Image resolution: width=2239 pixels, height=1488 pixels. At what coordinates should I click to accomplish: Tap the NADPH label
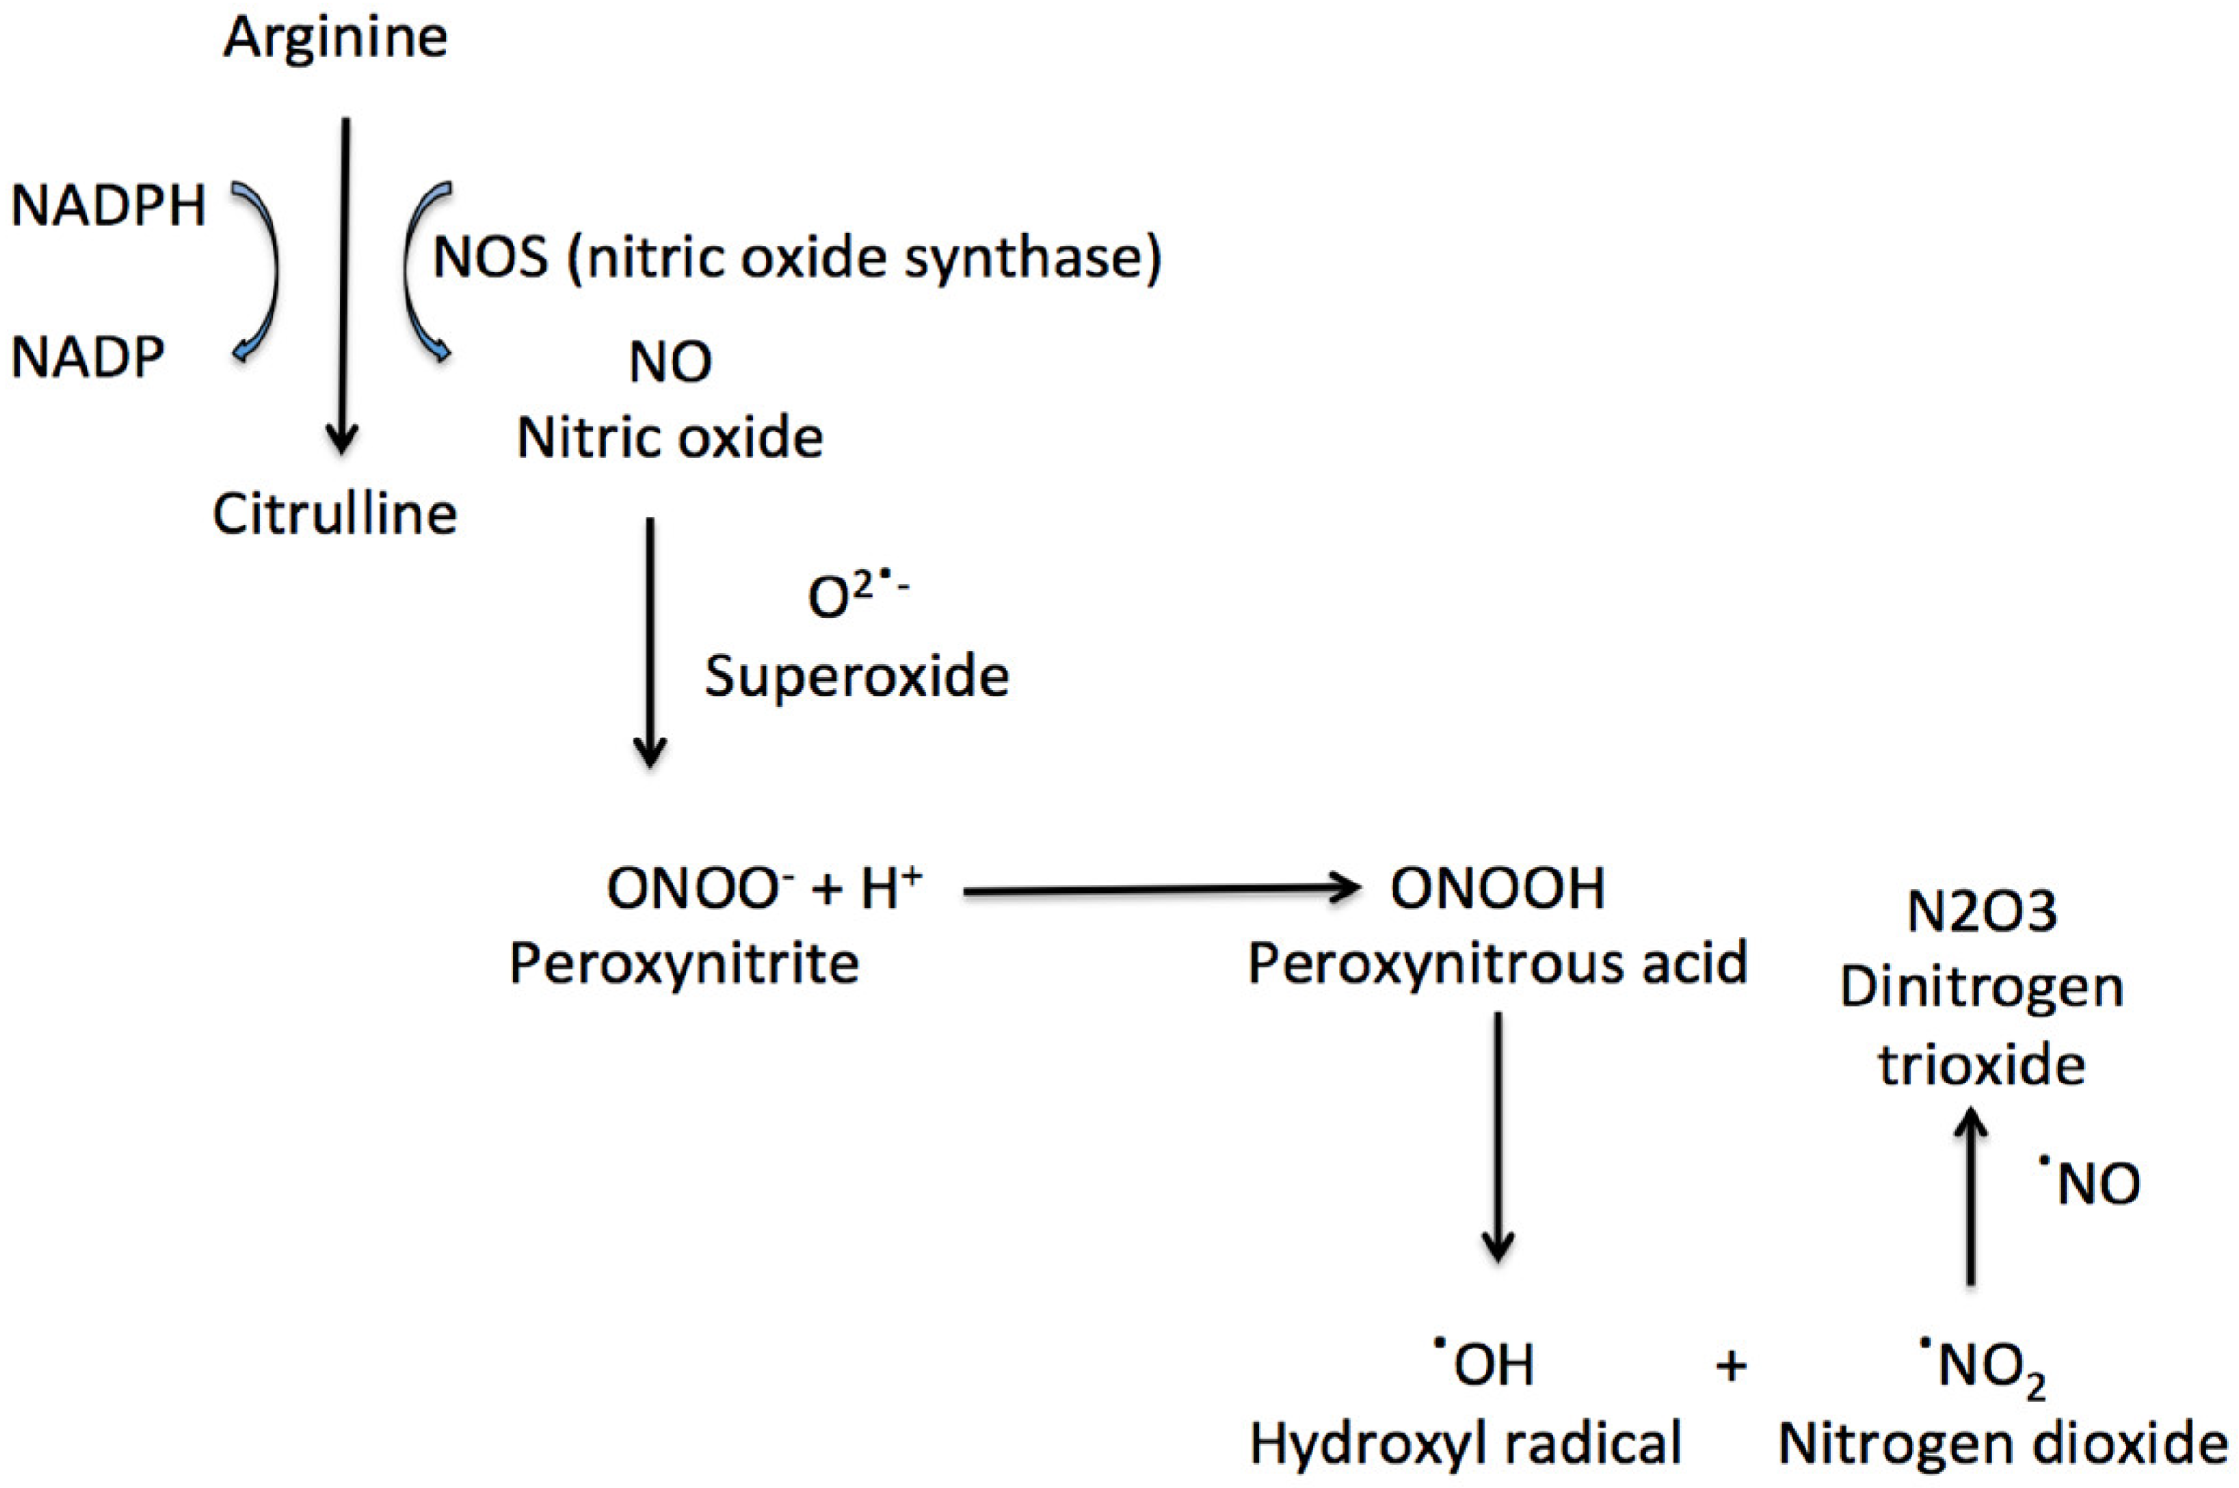tap(107, 206)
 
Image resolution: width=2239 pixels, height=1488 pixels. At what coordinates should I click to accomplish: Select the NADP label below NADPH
tap(87, 358)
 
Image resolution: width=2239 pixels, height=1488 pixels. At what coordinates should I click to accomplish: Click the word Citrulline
tap(334, 514)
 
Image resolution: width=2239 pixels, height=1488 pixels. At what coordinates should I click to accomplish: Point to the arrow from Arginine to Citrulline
tap(342, 285)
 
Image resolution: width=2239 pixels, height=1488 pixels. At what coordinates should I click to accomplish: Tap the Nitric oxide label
tap(669, 438)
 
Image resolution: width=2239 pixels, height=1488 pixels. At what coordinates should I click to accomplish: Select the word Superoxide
tap(856, 677)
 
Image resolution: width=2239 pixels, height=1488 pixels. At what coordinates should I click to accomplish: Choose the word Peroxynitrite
tap(684, 964)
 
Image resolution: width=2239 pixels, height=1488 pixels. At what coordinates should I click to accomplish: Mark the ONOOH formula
tap(1497, 889)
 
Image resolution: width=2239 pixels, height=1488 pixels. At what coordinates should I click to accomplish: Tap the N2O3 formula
tap(1981, 913)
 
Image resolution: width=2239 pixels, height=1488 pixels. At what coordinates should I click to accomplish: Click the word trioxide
tap(1981, 1065)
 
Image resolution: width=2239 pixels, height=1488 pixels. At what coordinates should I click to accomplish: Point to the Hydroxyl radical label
tap(1465, 1444)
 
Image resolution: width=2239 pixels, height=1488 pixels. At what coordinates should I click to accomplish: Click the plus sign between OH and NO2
tap(1731, 1366)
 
